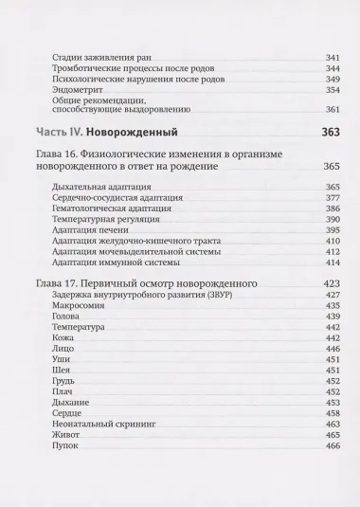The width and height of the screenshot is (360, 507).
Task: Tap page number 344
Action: click(x=332, y=68)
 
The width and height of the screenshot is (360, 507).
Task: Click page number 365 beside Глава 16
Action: click(x=331, y=166)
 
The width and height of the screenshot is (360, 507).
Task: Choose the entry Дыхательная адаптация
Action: click(x=102, y=188)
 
